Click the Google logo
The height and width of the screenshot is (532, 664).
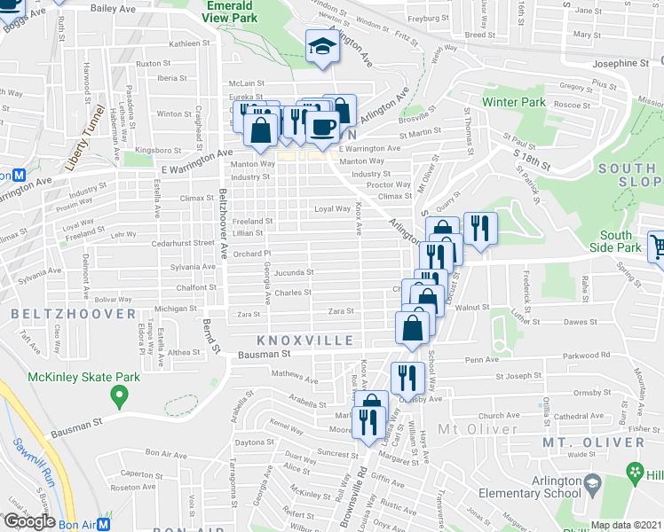(x=28, y=521)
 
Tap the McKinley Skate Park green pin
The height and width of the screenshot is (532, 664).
(x=115, y=393)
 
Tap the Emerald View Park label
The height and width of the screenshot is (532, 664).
(x=232, y=11)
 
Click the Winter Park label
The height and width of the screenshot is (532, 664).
(x=513, y=102)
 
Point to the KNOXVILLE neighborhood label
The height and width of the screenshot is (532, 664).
(x=293, y=340)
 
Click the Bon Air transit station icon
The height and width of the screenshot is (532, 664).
(x=103, y=524)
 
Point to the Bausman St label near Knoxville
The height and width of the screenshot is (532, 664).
(x=268, y=355)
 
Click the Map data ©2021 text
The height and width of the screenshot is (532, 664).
(x=627, y=525)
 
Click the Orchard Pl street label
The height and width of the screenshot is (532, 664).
(x=252, y=254)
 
